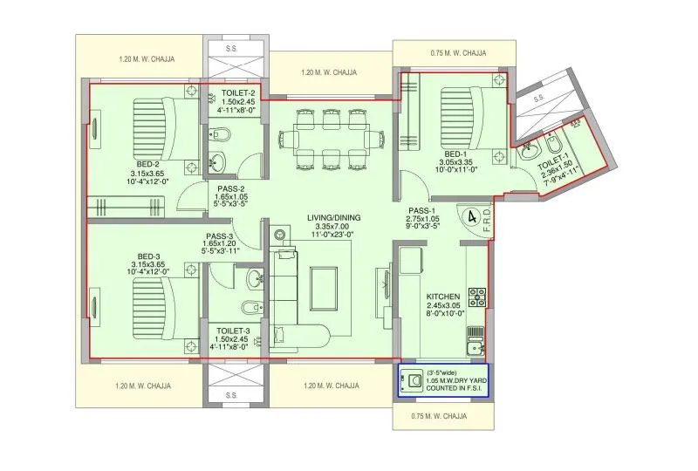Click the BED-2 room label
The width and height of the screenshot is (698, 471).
coord(146,164)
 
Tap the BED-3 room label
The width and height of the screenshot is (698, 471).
coord(146,256)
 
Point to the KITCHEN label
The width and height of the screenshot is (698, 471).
coord(443,297)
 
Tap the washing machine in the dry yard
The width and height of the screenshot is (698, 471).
coord(411,379)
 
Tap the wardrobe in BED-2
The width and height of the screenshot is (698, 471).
coord(127,207)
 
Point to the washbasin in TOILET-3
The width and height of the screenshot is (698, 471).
coord(255,279)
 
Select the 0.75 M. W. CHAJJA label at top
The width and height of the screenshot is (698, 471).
coord(458,53)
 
